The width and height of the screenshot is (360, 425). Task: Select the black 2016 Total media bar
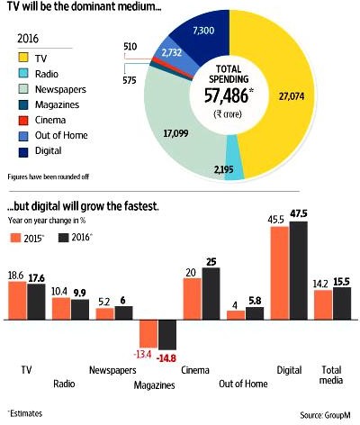pyautogui.click(x=342, y=303)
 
